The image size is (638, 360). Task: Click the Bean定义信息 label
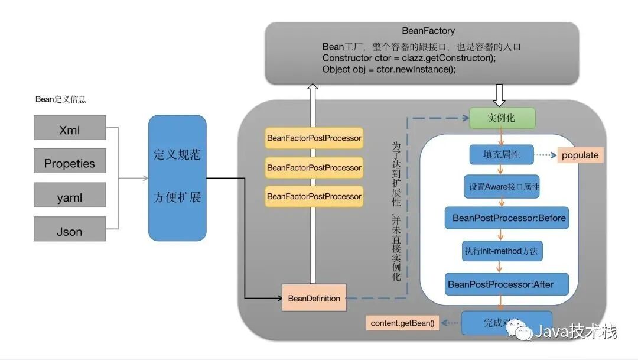coord(61,99)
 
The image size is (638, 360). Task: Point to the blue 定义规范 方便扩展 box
coord(177,178)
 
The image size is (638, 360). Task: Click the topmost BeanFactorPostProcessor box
coord(314,138)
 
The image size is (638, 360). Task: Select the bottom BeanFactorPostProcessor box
coord(314,196)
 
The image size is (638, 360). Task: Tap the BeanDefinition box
coord(314,298)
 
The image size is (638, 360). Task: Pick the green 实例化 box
coord(502,118)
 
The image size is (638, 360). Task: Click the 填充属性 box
coord(502,155)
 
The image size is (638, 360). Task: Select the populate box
coord(580,155)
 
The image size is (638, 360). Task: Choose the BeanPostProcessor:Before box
coord(509,218)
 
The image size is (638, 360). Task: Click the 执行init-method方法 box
coord(502,251)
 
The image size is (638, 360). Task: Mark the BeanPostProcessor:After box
coord(506,284)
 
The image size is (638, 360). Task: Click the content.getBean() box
coord(402,323)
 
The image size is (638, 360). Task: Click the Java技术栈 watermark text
coord(575,333)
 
